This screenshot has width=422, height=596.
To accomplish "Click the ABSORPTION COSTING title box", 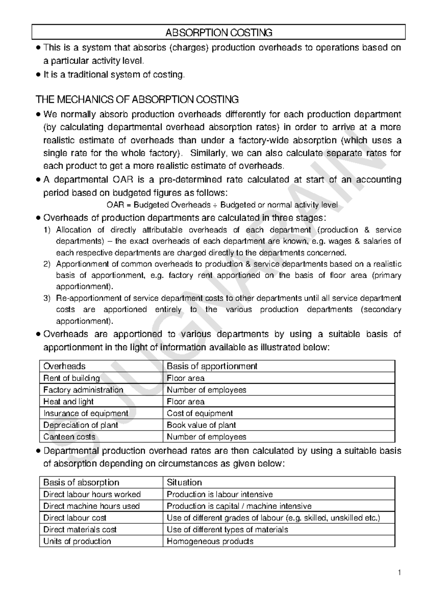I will click(219, 33).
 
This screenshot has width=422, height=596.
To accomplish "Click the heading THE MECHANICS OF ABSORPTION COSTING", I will click(137, 100).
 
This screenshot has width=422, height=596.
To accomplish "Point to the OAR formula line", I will click(222, 205).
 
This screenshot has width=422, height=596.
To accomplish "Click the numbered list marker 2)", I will click(47, 264).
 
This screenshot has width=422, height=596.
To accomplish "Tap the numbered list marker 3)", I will click(47, 298).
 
